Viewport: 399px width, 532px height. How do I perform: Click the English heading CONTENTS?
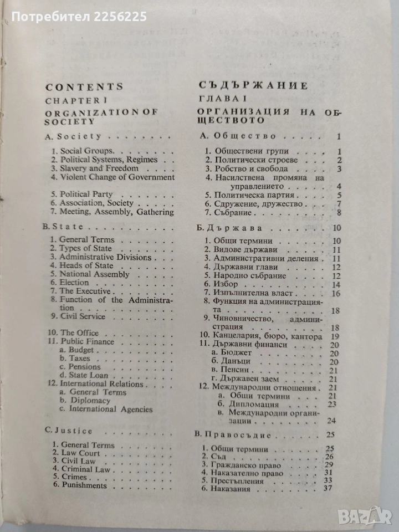tap(84, 86)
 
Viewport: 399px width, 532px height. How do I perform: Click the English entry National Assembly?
tap(95, 274)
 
